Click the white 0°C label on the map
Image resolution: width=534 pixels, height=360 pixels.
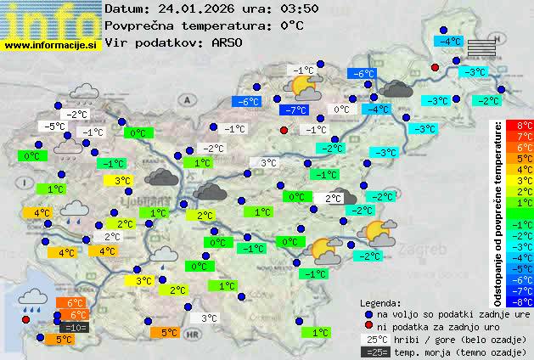[x=341, y=110]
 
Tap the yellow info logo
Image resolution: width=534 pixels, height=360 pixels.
[x=50, y=20]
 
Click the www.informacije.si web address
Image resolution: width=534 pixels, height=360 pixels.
[x=51, y=45]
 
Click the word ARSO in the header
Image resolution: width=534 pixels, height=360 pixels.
[x=230, y=42]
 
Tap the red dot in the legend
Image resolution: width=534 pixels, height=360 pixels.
[x=368, y=326]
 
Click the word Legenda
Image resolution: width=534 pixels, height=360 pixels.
[x=380, y=302]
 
